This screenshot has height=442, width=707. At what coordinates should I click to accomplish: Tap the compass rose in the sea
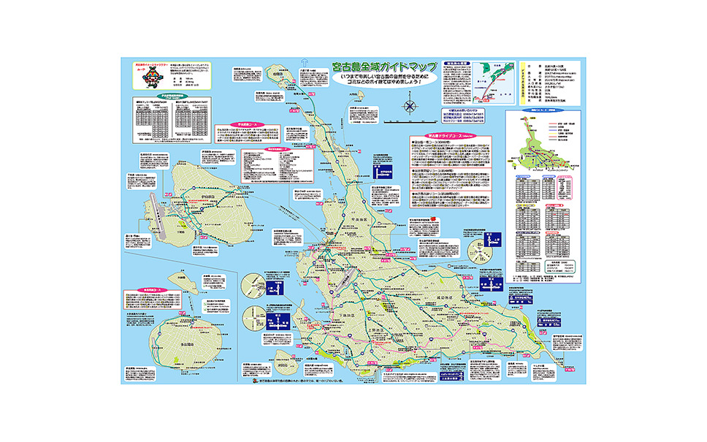coord(410,107)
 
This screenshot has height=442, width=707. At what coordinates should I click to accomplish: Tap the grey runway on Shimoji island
coord(151,213)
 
